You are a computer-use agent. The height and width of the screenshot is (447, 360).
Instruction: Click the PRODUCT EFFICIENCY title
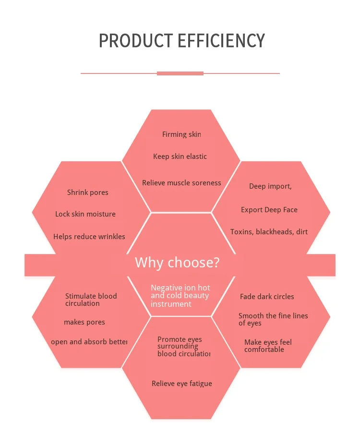[181, 41]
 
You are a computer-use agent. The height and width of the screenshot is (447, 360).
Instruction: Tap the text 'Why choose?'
[177, 263]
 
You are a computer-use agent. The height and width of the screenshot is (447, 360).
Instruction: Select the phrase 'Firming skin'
[181, 134]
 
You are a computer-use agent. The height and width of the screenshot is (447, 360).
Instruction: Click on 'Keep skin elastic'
[180, 157]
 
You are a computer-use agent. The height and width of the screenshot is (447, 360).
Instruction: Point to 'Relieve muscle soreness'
[181, 183]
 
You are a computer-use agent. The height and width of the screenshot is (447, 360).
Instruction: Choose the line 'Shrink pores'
[88, 193]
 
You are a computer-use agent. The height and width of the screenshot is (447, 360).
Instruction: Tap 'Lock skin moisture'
[85, 214]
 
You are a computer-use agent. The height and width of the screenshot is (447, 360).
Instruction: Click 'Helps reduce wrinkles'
[89, 236]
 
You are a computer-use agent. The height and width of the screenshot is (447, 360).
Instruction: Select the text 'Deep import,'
[270, 186]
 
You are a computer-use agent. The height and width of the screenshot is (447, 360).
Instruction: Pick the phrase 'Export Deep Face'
[269, 210]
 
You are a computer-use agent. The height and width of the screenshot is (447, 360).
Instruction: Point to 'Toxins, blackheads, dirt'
[269, 232]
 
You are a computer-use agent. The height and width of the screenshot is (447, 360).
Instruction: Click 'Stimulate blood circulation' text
[91, 300]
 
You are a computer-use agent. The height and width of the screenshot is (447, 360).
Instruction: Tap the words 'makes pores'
[84, 322]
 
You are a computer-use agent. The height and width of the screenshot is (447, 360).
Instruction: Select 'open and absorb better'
[89, 342]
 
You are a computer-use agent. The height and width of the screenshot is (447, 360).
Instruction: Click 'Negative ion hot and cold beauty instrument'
[180, 296]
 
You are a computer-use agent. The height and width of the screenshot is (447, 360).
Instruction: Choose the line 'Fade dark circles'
[267, 297]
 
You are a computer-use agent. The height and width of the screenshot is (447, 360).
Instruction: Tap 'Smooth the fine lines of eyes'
[273, 319]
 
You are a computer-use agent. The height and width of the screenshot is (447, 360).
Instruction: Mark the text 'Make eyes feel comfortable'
[268, 346]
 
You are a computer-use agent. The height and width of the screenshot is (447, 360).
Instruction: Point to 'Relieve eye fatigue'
[182, 384]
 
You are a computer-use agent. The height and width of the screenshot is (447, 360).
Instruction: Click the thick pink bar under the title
[180, 73]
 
